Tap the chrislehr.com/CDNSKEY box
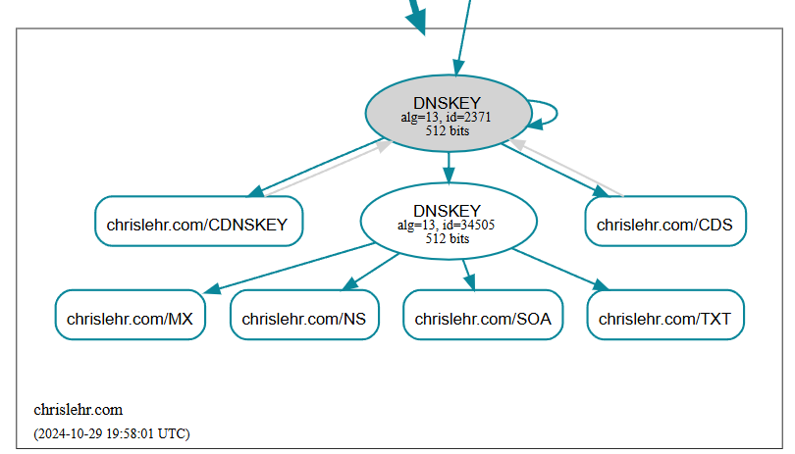(x=197, y=224)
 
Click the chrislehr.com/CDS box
(x=664, y=224)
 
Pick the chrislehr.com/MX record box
(x=130, y=318)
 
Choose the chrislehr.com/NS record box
(x=304, y=318)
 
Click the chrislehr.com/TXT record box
(x=664, y=318)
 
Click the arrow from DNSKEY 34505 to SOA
(x=468, y=274)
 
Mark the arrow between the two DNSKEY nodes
(x=448, y=167)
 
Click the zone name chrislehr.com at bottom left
(x=78, y=410)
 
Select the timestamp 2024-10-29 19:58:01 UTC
(x=111, y=433)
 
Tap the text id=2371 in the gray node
(x=466, y=117)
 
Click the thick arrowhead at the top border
(x=418, y=20)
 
